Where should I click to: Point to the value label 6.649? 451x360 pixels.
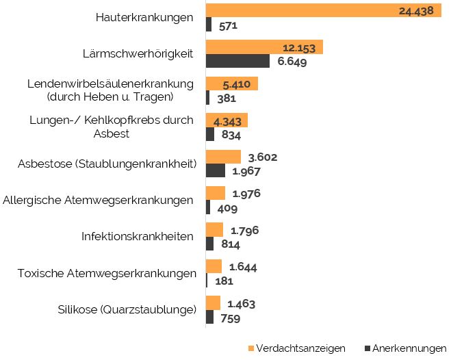pyautogui.click(x=292, y=62)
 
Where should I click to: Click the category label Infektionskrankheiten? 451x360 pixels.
pyautogui.click(x=138, y=237)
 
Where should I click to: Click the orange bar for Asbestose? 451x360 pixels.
pyautogui.click(x=223, y=157)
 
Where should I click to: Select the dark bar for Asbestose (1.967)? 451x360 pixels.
pyautogui.click(x=215, y=171)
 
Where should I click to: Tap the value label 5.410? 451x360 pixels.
pyautogui.click(x=240, y=84)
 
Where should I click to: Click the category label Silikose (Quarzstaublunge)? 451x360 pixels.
pyautogui.click(x=127, y=310)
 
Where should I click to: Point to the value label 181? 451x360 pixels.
pyautogui.click(x=224, y=281)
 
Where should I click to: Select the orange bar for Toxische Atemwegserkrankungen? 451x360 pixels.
pyautogui.click(x=214, y=266)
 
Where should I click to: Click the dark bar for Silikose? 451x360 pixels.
pyautogui.click(x=209, y=318)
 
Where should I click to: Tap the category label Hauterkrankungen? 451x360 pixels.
pyautogui.click(x=144, y=18)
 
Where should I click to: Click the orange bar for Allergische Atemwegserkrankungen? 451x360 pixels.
pyautogui.click(x=215, y=193)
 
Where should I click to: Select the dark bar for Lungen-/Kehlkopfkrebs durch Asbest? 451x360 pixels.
pyautogui.click(x=209, y=135)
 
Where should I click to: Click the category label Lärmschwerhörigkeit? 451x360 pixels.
pyautogui.click(x=144, y=53)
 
